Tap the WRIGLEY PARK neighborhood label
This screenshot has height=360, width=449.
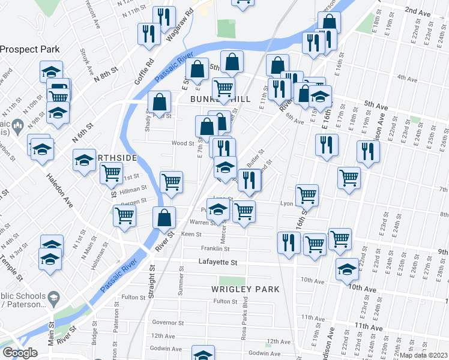point(245,289)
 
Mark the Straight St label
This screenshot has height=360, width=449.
point(152,282)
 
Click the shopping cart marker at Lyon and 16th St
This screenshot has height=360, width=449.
point(307,194)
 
